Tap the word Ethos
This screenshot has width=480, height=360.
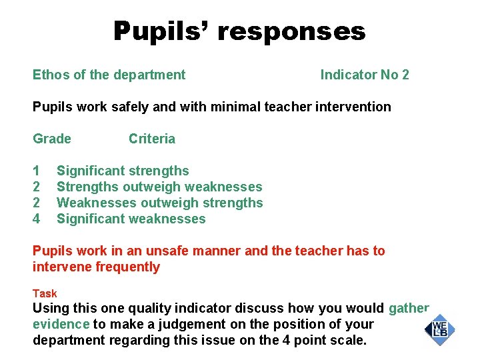[51, 75]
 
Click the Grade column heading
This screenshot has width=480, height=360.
[52, 139]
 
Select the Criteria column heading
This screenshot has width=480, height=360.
[152, 139]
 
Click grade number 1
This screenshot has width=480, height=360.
[37, 171]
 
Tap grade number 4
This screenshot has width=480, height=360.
[37, 219]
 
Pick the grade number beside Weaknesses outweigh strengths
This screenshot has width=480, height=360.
[37, 203]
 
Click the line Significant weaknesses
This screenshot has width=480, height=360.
[131, 219]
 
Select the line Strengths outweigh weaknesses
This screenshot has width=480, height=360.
[159, 187]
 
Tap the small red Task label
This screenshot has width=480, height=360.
[45, 293]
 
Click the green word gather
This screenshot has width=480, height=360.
[409, 308]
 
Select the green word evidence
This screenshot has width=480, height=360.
[61, 324]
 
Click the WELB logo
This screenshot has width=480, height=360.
[439, 328]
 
